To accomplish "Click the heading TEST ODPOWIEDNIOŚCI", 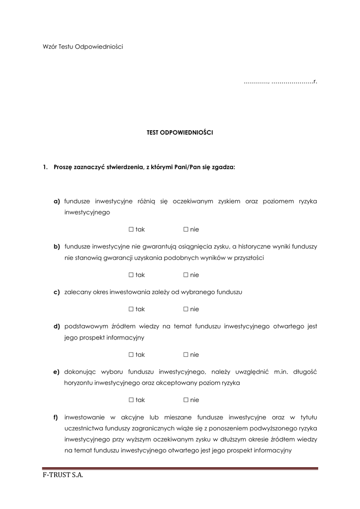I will [180, 133].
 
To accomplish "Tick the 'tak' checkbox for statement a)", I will [131, 230].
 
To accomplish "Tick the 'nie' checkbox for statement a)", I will [185, 230].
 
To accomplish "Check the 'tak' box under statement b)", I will [131, 275].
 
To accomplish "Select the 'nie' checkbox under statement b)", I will [185, 275].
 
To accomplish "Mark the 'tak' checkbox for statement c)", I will [131, 309].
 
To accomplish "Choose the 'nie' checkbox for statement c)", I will [185, 309].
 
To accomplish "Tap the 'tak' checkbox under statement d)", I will [131, 355].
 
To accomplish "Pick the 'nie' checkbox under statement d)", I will [185, 355].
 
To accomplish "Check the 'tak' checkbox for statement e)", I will [131, 400].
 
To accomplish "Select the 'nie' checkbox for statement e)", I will [185, 400].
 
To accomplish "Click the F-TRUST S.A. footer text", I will [63, 476].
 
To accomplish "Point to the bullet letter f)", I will [56, 417].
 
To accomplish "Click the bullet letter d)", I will [57, 327].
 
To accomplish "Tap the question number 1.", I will [45, 168].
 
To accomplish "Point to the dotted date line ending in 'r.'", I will [280, 81].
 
